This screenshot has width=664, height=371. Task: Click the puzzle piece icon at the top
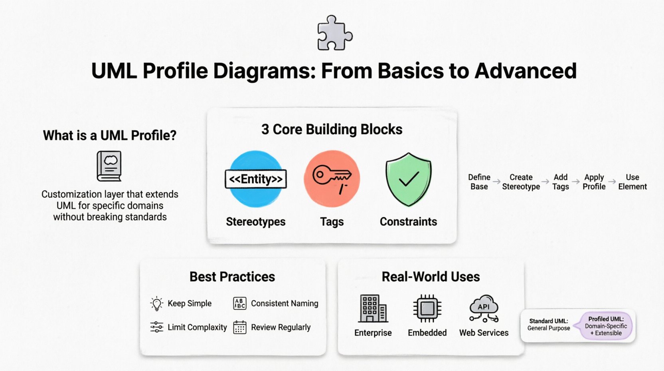(335, 33)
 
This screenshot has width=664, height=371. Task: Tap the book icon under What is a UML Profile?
(109, 166)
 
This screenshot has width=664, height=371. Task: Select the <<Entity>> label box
(256, 179)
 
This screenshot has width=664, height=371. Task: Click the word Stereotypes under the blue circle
(256, 221)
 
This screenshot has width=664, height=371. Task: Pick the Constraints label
(408, 221)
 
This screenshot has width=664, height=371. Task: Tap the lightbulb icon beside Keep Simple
(157, 304)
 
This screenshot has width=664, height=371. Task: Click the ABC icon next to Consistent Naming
(239, 303)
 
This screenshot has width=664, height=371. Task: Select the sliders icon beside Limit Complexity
(157, 327)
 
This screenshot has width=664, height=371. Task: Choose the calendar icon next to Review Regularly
(239, 327)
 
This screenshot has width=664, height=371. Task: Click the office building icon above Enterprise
(373, 309)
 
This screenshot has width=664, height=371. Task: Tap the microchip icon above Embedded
(427, 308)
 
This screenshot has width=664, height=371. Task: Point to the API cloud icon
(484, 309)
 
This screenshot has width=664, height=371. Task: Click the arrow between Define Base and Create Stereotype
(496, 182)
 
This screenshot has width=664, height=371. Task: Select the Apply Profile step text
(594, 182)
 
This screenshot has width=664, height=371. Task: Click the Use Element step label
(632, 182)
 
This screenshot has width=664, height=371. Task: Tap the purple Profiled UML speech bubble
(606, 326)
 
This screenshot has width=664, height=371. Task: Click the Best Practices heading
(232, 277)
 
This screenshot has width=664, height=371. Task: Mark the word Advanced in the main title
(526, 71)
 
